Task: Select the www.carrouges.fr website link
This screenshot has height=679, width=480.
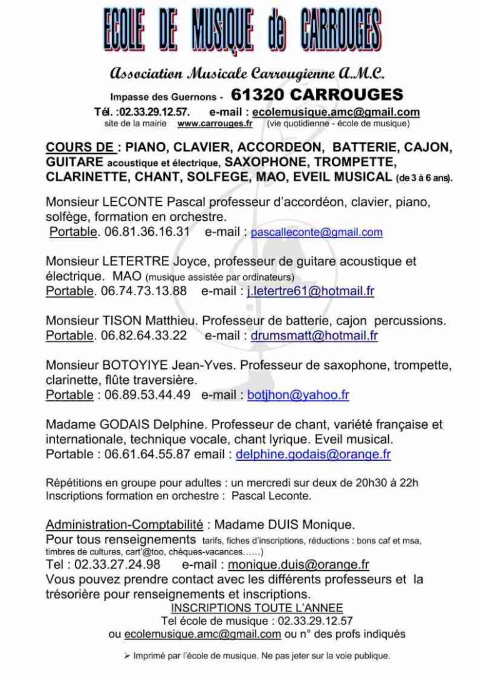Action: coord(214,124)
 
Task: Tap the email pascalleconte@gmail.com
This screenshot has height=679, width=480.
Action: coord(316,233)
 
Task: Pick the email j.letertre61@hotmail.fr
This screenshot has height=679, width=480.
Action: coord(311,291)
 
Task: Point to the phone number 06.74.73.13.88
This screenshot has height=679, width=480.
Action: coord(143,291)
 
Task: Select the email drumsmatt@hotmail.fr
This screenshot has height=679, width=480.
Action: coord(314,336)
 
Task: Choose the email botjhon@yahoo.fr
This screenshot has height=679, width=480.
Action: coord(298,395)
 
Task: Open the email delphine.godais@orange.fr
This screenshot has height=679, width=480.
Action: coord(313,455)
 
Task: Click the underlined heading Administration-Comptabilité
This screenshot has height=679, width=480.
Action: coord(124,524)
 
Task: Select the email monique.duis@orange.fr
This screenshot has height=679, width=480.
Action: coord(299,565)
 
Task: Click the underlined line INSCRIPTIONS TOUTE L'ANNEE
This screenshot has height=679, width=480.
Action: coord(257,608)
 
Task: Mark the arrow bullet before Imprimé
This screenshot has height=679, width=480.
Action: coord(126,656)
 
